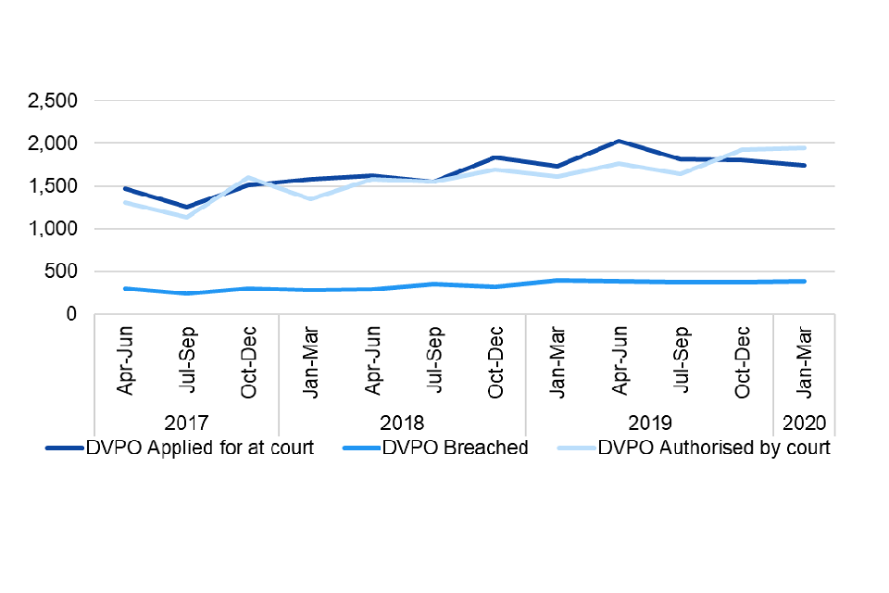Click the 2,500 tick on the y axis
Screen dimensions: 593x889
[54, 101]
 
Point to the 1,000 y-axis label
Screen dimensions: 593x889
[54, 229]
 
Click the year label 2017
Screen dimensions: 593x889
[186, 423]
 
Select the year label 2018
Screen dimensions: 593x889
[402, 423]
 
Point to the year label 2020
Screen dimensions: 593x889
[804, 423]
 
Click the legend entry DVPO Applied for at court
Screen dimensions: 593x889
[180, 448]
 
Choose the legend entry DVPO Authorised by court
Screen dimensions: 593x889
[694, 448]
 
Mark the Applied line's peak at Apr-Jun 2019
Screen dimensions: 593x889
[619, 142]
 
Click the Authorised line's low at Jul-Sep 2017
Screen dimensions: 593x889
[187, 217]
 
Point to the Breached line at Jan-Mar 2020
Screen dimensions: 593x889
[804, 281]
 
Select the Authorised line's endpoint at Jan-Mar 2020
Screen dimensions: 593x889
[804, 147]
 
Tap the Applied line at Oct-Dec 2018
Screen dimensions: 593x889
[495, 158]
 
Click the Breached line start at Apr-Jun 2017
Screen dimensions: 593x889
[125, 288]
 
